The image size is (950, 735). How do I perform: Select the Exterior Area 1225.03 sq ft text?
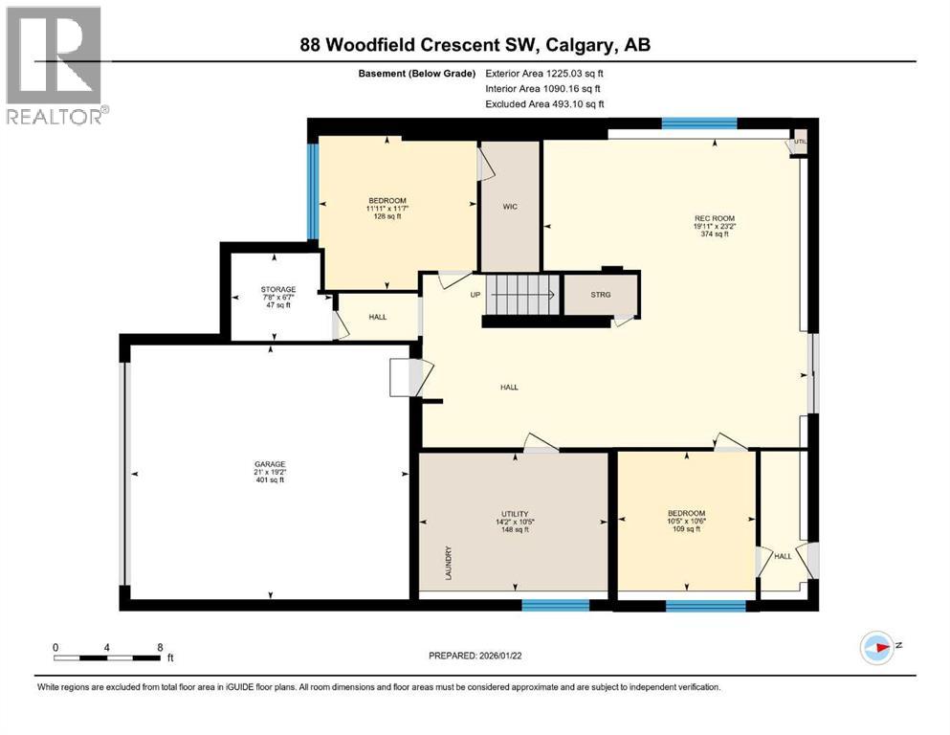pyautogui.click(x=544, y=73)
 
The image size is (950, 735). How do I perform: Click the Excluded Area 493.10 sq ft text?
pyautogui.click(x=544, y=103)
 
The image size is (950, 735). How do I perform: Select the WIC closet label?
pyautogui.click(x=510, y=208)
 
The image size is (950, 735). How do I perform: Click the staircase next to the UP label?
pyautogui.click(x=522, y=293)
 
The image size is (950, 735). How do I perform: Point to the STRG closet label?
pyautogui.click(x=600, y=296)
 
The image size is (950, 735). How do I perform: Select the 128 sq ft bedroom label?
pyautogui.click(x=387, y=208)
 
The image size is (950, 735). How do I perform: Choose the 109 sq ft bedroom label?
pyautogui.click(x=686, y=521)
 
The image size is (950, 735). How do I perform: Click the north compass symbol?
pyautogui.click(x=876, y=648)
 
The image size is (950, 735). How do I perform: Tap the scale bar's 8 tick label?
pyautogui.click(x=159, y=647)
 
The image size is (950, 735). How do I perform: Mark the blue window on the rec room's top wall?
pyautogui.click(x=699, y=123)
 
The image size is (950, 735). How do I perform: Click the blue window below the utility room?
pyautogui.click(x=555, y=605)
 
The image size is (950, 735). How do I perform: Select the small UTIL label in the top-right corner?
pyautogui.click(x=801, y=142)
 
